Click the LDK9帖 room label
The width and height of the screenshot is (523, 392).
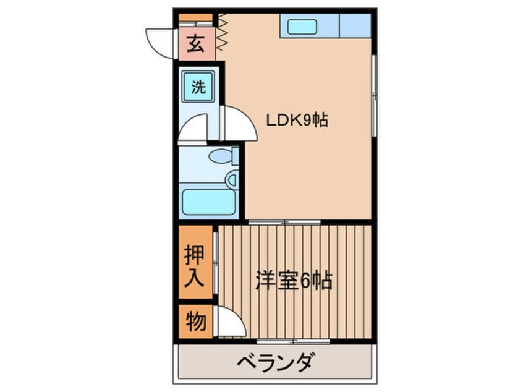(297, 119)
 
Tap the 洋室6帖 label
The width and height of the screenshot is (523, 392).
(294, 281)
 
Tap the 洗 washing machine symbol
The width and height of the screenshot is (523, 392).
(197, 87)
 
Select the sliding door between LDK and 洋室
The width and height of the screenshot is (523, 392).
(284, 221)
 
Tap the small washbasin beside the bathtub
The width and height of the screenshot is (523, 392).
(232, 180)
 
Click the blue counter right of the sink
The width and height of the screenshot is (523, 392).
(354, 26)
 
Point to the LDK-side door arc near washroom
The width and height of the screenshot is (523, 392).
(240, 124)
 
